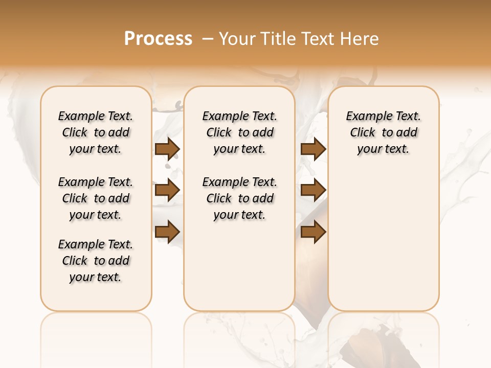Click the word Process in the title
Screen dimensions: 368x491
click(158, 39)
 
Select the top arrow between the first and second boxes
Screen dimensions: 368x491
click(167, 149)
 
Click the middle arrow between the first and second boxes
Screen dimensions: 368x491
click(167, 190)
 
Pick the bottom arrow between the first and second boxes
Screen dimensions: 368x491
click(167, 232)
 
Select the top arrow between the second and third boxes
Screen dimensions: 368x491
click(313, 149)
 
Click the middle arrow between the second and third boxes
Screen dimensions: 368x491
click(313, 190)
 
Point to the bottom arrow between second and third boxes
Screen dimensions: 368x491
click(313, 232)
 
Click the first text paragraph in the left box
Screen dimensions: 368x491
click(96, 132)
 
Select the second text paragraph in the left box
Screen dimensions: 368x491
click(96, 198)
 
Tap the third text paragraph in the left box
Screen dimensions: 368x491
click(96, 261)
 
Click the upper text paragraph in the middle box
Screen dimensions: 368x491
click(239, 132)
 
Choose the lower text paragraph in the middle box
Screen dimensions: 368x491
click(239, 198)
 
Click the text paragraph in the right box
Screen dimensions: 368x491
click(384, 132)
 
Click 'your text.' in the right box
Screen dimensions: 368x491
click(384, 149)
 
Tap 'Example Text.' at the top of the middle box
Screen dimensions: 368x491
click(239, 117)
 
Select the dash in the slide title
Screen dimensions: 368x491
click(207, 39)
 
